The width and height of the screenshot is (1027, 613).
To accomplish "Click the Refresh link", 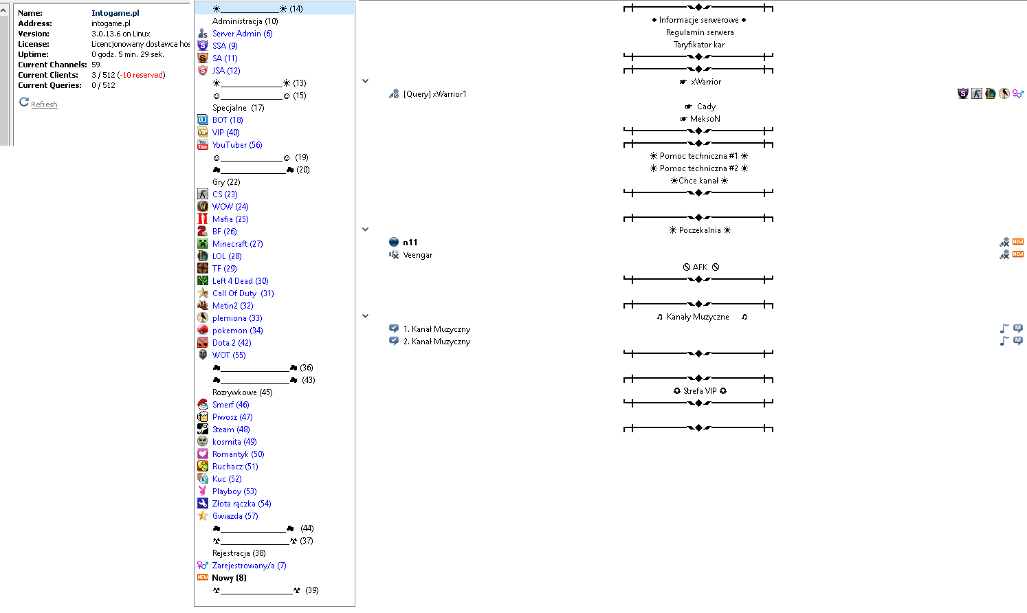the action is pyautogui.click(x=44, y=104).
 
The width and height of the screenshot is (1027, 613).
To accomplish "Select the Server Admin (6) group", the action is pyautogui.click(x=242, y=34).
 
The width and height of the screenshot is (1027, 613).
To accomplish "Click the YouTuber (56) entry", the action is pyautogui.click(x=237, y=145).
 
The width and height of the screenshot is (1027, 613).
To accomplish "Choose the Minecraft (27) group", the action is pyautogui.click(x=237, y=244).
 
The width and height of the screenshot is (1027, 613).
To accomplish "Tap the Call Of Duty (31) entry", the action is pyautogui.click(x=243, y=293).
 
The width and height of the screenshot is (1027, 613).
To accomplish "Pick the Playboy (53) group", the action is pyautogui.click(x=234, y=491).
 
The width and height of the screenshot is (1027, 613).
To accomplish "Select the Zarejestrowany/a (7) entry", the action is pyautogui.click(x=249, y=566).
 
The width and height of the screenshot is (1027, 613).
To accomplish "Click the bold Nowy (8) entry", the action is pyautogui.click(x=229, y=578).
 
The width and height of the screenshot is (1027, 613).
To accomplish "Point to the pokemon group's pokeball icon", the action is pyautogui.click(x=203, y=330).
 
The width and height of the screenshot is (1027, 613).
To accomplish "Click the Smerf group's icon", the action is pyautogui.click(x=203, y=404).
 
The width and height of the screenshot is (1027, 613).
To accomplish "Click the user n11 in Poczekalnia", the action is pyautogui.click(x=410, y=243).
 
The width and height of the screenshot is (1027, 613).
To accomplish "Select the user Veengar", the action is pyautogui.click(x=418, y=255).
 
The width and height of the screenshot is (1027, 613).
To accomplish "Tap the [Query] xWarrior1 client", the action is pyautogui.click(x=434, y=94).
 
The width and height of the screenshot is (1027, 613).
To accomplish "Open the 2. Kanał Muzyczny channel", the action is pyautogui.click(x=437, y=342).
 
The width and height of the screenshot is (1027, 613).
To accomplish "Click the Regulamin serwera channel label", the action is pyautogui.click(x=700, y=32).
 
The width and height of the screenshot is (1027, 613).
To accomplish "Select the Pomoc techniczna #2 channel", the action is pyautogui.click(x=698, y=168).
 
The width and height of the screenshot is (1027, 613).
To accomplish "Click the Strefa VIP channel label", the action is pyautogui.click(x=700, y=391).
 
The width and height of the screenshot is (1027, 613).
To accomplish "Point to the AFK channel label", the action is pyautogui.click(x=700, y=267).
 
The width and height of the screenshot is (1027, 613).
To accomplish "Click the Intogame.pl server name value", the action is pyautogui.click(x=115, y=13).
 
